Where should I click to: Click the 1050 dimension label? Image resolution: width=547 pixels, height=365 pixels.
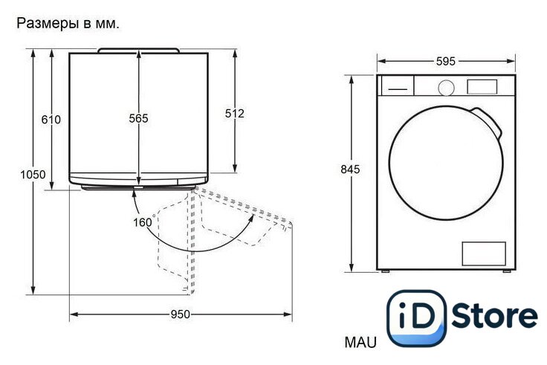[x=33, y=174]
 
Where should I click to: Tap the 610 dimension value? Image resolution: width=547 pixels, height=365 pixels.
[x=51, y=120]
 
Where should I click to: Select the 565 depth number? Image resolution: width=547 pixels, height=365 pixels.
[x=138, y=118]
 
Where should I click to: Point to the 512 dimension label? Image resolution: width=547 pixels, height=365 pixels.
[x=234, y=114]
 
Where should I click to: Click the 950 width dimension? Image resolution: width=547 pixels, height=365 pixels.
[x=181, y=314]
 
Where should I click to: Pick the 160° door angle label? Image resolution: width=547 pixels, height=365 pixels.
[x=144, y=222]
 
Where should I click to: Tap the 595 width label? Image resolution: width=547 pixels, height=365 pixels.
[x=446, y=62]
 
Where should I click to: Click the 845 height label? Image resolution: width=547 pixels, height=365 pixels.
[x=350, y=169]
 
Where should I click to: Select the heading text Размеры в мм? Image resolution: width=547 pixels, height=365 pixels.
[x=68, y=24]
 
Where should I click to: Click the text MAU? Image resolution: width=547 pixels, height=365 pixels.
[x=360, y=342]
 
